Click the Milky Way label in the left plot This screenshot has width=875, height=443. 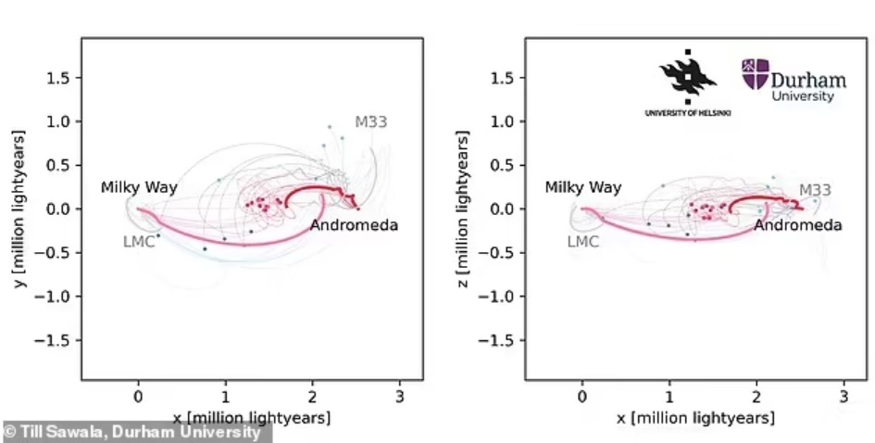(x=139, y=188)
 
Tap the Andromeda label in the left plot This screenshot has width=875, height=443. (x=354, y=225)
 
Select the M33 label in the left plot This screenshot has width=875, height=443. (x=371, y=121)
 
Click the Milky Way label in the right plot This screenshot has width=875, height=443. (x=582, y=188)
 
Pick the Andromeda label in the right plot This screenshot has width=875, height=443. (x=797, y=225)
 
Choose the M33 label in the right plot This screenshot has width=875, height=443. (x=815, y=190)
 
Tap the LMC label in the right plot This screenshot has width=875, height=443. (x=582, y=242)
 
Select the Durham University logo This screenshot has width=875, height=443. (x=789, y=80)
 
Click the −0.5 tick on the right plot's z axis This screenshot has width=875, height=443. (x=499, y=253)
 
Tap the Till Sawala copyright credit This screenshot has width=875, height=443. (x=135, y=432)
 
